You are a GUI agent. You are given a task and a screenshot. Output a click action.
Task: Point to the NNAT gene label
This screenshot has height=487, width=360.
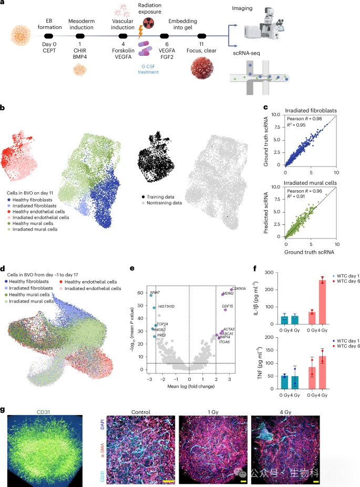click(x=155, y=291)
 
